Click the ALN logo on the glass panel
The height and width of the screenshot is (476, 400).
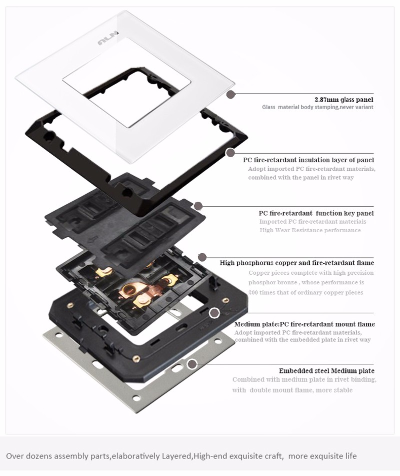click(x=108, y=40)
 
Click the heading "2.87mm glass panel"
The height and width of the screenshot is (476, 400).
click(x=344, y=100)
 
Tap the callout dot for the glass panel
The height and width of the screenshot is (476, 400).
click(x=231, y=95)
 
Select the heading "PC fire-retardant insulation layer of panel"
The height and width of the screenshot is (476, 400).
click(x=308, y=160)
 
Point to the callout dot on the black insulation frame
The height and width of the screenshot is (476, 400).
click(x=230, y=152)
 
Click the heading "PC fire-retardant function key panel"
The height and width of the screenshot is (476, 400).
click(x=316, y=213)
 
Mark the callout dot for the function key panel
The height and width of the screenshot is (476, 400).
click(x=198, y=206)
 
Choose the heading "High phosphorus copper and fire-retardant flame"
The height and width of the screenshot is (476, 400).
click(x=297, y=263)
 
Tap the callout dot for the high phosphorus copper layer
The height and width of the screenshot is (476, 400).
click(x=202, y=257)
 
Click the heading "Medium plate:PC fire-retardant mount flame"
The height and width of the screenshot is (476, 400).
click(x=304, y=324)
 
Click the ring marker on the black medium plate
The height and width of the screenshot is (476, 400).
click(x=214, y=313)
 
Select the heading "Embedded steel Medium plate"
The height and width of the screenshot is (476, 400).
click(x=326, y=371)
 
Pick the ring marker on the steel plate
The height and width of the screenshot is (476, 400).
click(x=191, y=364)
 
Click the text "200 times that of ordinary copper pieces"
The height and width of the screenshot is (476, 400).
click(x=305, y=293)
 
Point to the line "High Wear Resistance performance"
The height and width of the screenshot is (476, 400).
click(x=310, y=230)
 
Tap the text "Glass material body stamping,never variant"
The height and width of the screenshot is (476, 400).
click(x=318, y=107)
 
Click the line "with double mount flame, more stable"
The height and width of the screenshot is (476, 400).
click(x=292, y=390)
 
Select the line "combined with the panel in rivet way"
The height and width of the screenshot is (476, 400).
click(x=301, y=178)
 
